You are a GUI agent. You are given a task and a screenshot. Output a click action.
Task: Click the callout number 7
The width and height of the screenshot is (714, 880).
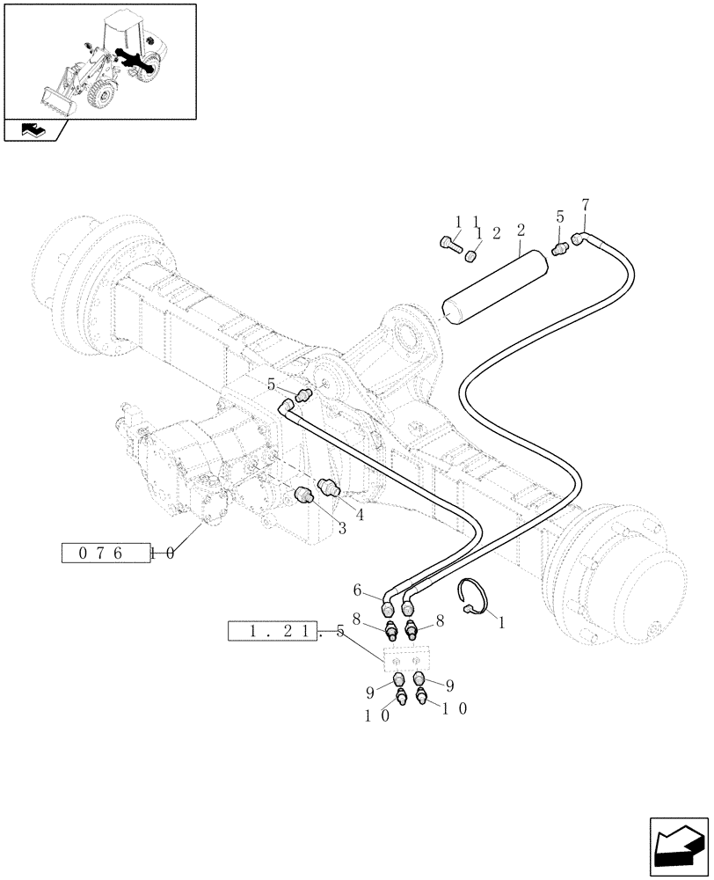pos(586,205)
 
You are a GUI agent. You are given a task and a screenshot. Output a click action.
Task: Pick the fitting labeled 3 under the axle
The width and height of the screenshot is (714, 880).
pos(305,498)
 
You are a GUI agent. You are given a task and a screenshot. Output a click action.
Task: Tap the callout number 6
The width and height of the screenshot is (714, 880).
pos(358,590)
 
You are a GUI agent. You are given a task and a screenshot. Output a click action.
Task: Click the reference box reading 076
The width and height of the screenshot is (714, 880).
pos(104,554)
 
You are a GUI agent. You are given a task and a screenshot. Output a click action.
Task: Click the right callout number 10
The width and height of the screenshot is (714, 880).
pos(457,710)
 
